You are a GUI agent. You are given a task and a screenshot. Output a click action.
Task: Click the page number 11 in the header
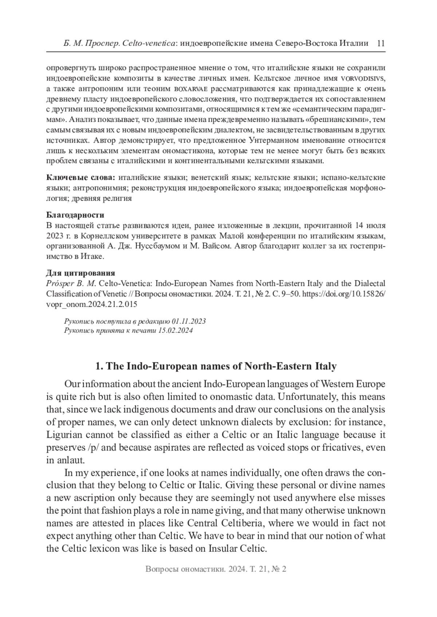381,43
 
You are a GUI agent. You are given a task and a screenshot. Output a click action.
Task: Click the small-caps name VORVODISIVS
363,78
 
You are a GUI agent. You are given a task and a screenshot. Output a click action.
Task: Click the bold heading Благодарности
75,215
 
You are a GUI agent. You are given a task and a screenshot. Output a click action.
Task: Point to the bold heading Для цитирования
81,273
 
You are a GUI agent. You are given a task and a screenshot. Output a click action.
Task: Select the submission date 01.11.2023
189,321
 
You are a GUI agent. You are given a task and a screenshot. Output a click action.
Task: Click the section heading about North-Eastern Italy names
216,366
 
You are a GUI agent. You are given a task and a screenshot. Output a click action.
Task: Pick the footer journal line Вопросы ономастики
216,569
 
